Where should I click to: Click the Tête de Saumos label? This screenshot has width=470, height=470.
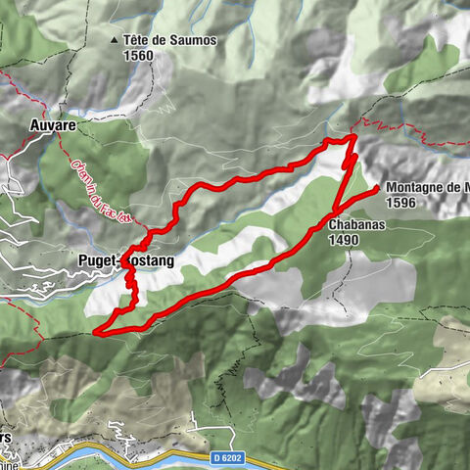click(x=170, y=41)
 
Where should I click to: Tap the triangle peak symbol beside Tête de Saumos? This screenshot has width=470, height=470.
click(x=116, y=41)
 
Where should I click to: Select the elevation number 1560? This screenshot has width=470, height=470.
click(x=139, y=56)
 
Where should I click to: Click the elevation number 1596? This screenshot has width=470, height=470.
click(x=403, y=203)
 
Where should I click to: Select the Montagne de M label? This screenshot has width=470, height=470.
click(x=427, y=188)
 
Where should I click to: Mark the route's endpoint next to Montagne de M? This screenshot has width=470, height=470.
click(x=377, y=186)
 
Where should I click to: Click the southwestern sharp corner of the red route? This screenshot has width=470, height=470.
click(x=96, y=333)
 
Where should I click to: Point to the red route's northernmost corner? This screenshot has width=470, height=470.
click(x=352, y=141)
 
